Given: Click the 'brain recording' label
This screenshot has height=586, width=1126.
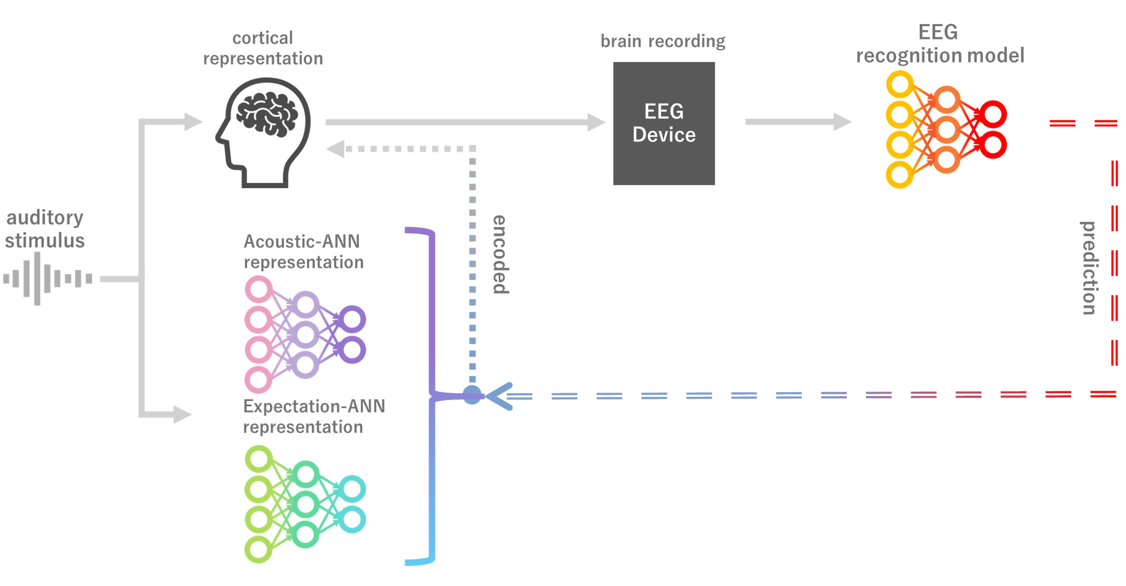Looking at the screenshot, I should [663, 41].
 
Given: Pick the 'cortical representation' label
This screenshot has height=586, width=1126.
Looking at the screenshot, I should [263, 48].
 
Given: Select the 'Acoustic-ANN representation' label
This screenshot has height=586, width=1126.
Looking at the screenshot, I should [303, 252].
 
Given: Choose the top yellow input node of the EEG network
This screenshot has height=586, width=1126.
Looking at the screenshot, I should [900, 84].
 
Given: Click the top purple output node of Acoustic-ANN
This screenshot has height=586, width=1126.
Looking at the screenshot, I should [352, 319].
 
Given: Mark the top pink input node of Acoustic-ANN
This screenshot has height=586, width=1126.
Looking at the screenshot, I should [258, 289].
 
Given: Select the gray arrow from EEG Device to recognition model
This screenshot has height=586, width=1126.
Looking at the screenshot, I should [798, 122].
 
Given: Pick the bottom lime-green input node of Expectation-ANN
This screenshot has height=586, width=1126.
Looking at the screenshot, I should [258, 549].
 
